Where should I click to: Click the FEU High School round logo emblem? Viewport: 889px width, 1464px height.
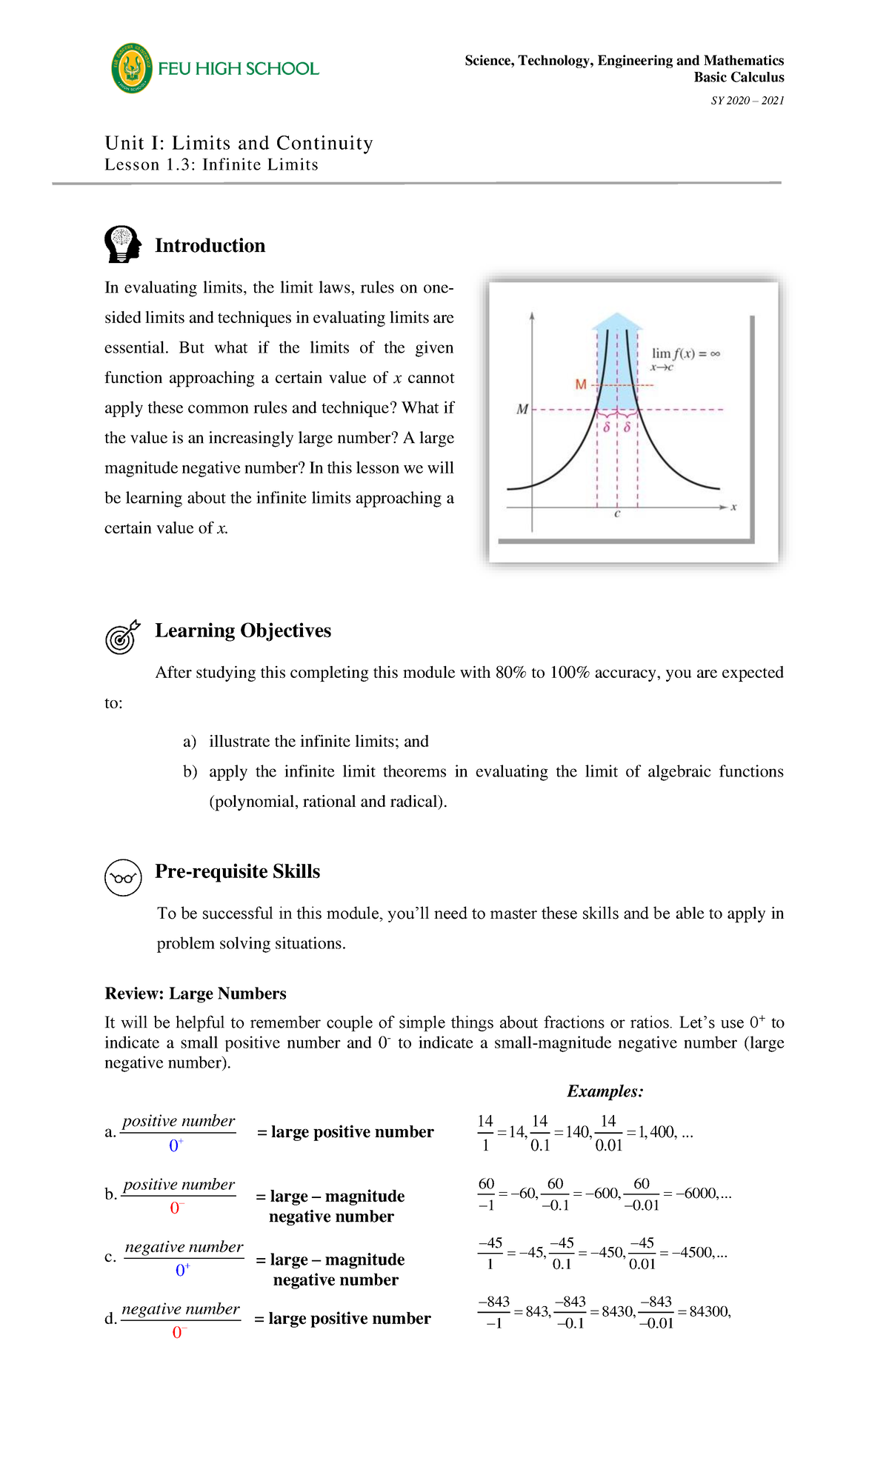(132, 68)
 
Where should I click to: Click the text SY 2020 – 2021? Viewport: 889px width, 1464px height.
(747, 101)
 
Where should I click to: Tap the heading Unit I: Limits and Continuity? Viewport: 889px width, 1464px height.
(239, 143)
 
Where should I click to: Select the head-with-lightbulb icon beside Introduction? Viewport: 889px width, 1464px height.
(123, 244)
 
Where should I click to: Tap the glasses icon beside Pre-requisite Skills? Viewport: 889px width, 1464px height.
(123, 878)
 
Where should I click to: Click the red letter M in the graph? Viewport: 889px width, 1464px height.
(581, 385)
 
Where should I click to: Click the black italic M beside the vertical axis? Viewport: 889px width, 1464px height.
(522, 409)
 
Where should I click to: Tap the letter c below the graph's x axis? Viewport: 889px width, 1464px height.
(617, 513)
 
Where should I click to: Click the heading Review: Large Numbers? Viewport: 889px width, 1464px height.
(196, 994)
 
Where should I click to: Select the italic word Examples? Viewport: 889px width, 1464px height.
(605, 1091)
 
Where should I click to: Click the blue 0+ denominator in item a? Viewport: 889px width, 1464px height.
(176, 1145)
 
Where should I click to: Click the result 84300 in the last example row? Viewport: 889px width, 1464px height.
(708, 1311)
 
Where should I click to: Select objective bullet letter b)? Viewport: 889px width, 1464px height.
(190, 771)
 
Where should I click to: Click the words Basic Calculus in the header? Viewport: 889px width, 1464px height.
(739, 77)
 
